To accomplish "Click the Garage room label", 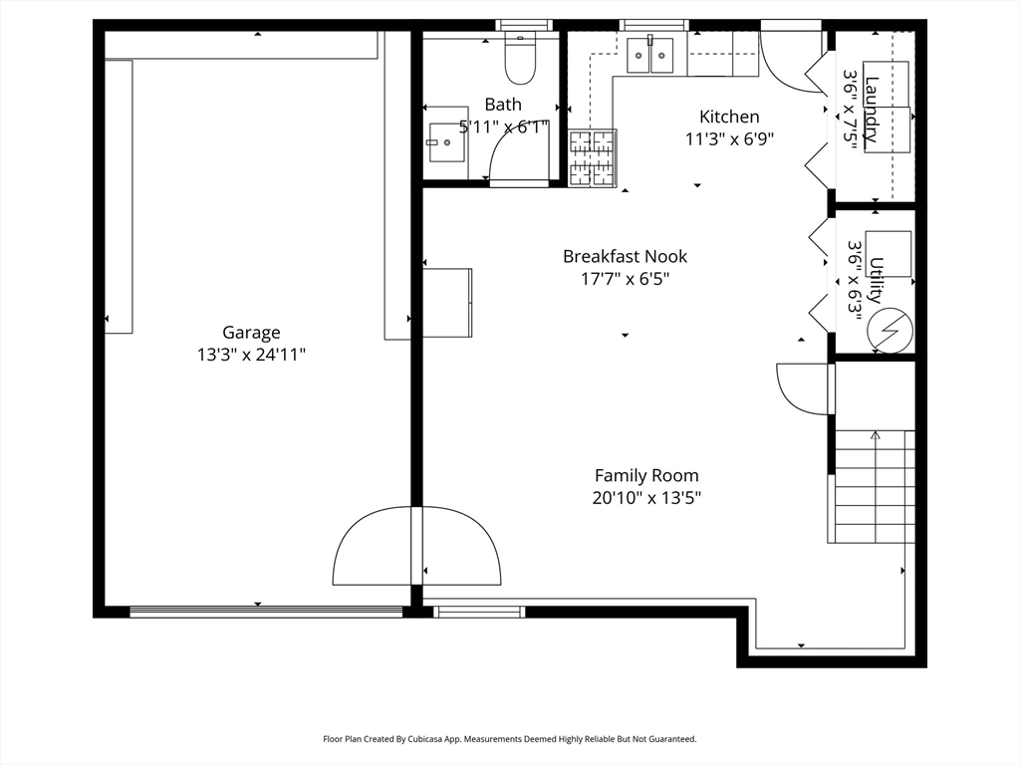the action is click(x=251, y=333).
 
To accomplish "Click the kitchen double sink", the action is click(x=649, y=56).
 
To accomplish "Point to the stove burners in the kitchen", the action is click(x=592, y=158).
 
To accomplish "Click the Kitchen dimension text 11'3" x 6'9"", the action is click(x=729, y=139).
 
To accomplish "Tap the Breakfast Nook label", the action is click(x=625, y=256).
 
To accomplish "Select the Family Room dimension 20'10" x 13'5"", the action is click(x=646, y=498).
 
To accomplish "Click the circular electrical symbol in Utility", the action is click(x=891, y=331).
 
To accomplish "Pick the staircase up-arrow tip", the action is click(x=875, y=432).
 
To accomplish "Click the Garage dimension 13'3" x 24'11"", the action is click(x=252, y=356).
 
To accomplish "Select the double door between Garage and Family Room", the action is click(x=417, y=545).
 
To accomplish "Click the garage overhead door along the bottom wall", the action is click(x=266, y=611).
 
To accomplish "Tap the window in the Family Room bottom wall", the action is click(x=479, y=612).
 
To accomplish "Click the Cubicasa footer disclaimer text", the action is click(x=510, y=739).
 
